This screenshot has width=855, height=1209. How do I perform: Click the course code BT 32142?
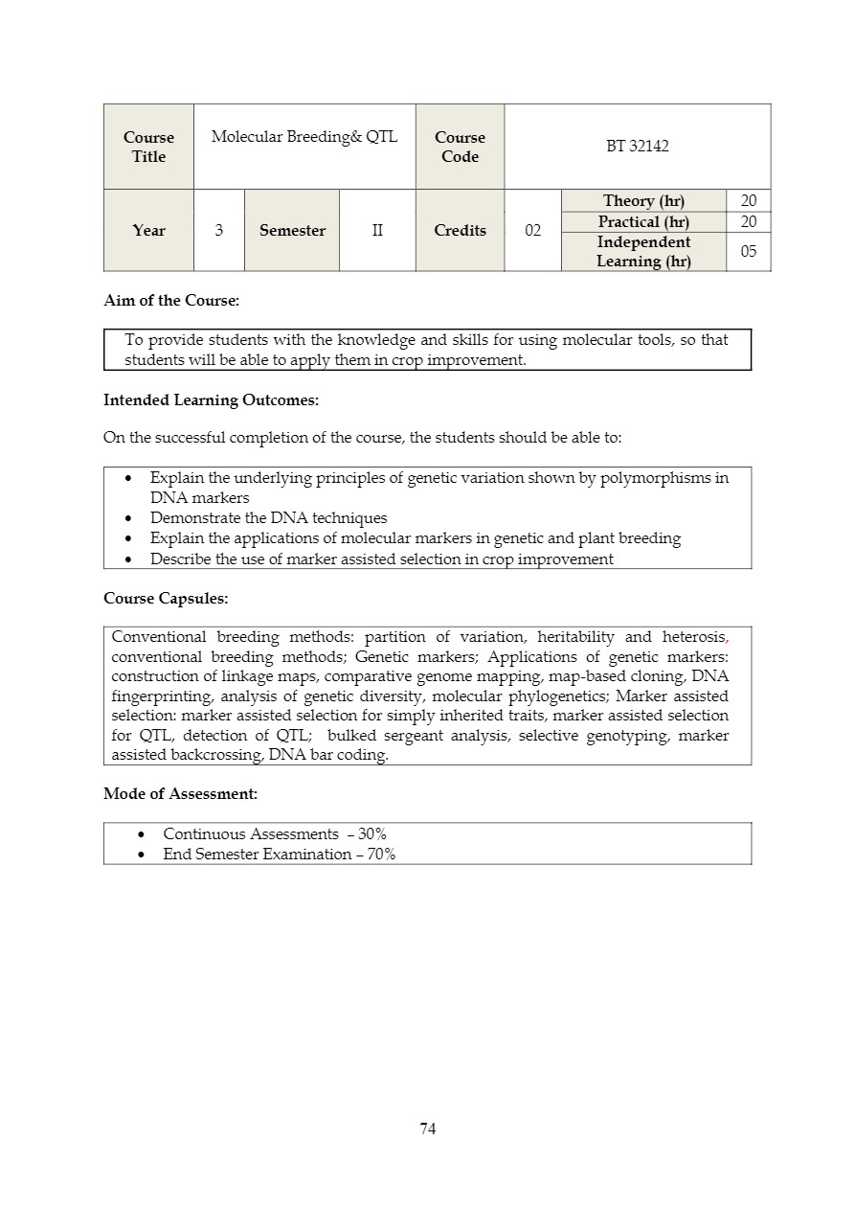click(x=637, y=147)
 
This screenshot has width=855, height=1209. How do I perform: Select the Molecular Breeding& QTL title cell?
click(x=304, y=137)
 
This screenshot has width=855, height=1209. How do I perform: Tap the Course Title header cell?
click(x=148, y=147)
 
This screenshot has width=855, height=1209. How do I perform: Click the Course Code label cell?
click(x=460, y=147)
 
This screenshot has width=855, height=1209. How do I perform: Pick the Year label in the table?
click(x=148, y=230)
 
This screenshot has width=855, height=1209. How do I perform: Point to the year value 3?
click(x=219, y=230)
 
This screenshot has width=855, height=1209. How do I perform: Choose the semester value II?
click(x=377, y=230)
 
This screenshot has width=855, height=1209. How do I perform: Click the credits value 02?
click(x=533, y=230)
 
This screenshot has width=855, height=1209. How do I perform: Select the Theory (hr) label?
click(x=643, y=200)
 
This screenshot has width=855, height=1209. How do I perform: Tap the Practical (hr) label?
click(x=643, y=221)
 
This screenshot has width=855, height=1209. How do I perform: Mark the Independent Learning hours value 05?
click(x=748, y=251)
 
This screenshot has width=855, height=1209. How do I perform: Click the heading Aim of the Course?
click(x=171, y=301)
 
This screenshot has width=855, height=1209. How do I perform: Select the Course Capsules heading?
click(x=166, y=599)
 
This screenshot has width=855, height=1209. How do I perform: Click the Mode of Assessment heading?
click(x=180, y=794)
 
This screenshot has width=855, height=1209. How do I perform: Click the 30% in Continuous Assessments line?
click(x=372, y=834)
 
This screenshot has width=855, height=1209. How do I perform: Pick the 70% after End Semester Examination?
click(x=381, y=855)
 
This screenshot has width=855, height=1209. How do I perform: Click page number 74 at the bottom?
click(x=428, y=1129)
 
